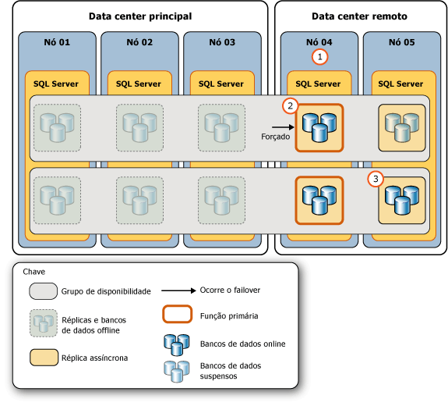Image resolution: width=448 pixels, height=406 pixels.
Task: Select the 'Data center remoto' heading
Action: pos(358,16)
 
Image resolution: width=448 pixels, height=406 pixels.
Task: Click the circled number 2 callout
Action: pos(291,105)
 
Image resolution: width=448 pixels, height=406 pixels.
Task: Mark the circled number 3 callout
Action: pos(376,179)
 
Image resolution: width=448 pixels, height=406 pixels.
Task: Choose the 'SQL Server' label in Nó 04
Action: pos(317,84)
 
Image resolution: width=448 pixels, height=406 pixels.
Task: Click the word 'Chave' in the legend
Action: pos(34,272)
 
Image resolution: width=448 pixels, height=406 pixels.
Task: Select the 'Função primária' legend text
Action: pos(230,316)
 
